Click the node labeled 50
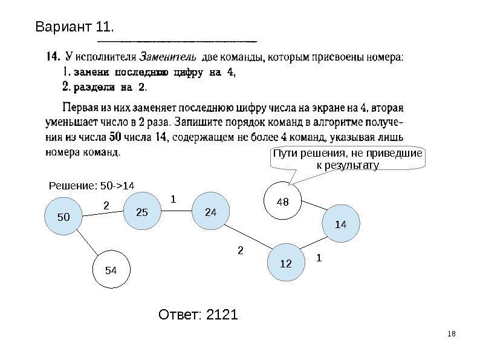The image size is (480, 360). click(x=63, y=216)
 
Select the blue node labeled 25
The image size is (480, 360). click(x=143, y=212)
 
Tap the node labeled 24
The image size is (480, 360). click(x=210, y=212)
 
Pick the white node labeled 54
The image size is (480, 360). click(x=110, y=270)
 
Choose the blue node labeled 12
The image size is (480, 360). click(x=286, y=264)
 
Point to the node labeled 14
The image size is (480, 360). click(x=340, y=224)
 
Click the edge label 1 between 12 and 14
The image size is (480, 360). click(x=320, y=258)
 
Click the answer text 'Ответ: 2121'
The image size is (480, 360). click(x=198, y=315)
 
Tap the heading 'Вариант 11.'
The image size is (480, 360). click(x=76, y=27)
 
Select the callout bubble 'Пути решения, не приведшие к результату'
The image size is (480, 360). click(x=347, y=159)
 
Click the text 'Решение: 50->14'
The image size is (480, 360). click(x=91, y=184)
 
